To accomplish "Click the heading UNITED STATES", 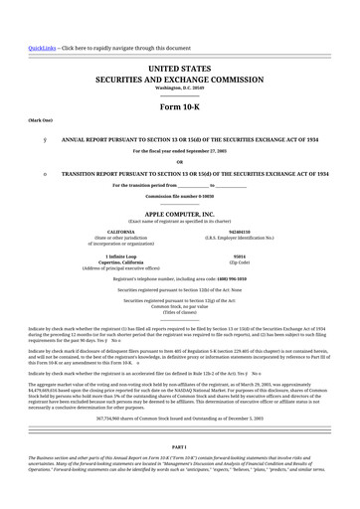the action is [x=179, y=66].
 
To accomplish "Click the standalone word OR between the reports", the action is [x=179, y=162].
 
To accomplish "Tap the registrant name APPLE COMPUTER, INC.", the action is [x=179, y=214].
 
